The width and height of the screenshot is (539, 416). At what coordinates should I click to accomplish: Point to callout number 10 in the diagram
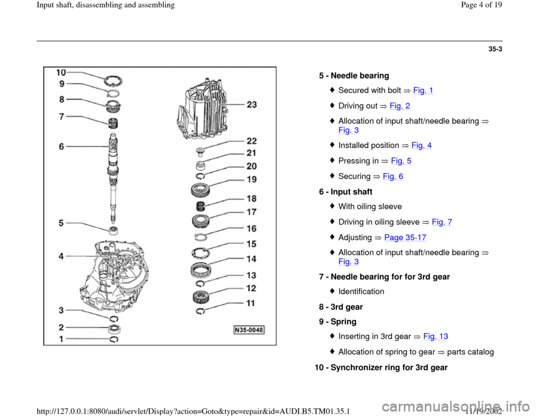[x=61, y=72]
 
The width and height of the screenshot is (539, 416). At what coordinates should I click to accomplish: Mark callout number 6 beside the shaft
[x=65, y=145]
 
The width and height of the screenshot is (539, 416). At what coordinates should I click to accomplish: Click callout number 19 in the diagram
[x=252, y=180]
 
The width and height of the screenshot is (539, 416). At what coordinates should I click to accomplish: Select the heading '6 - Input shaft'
[x=345, y=192]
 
